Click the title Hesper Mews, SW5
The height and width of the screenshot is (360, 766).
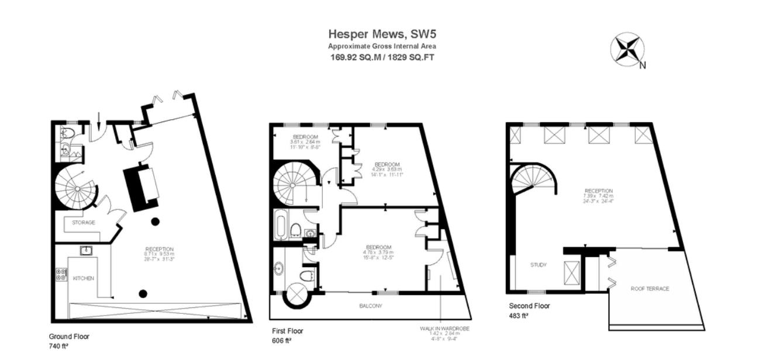tap(382, 34)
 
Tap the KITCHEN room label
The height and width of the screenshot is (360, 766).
tap(84, 278)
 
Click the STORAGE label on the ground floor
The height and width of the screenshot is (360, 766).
tap(83, 223)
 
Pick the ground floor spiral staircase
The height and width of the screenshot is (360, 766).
tap(75, 186)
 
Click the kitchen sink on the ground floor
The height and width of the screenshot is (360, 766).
tap(85, 251)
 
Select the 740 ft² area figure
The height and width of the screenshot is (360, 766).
tap(59, 346)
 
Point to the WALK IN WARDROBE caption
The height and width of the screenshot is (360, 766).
tap(445, 328)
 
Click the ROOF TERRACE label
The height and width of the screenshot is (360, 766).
tap(650, 289)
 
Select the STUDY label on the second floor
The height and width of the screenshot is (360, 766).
tap(538, 265)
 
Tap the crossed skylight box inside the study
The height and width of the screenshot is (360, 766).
tap(571, 272)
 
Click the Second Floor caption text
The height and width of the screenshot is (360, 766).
tap(529, 306)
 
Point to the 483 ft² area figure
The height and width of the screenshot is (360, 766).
tap(519, 316)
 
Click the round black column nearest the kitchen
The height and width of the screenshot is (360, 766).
tap(142, 293)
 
